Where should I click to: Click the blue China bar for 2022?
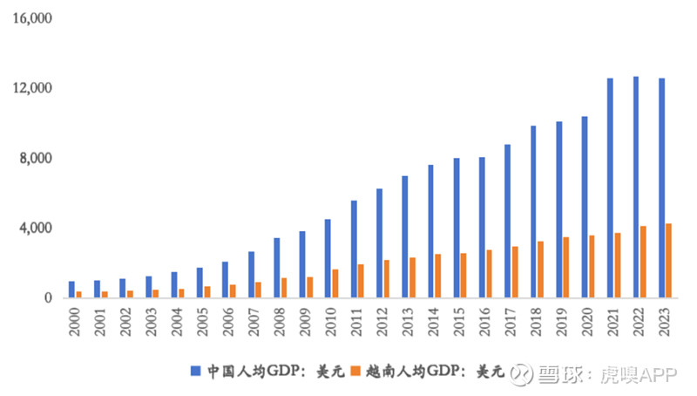(635, 188)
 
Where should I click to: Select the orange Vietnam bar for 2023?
(669, 261)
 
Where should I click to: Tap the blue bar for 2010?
(328, 258)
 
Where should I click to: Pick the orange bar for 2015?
(464, 276)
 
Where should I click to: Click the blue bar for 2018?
(532, 212)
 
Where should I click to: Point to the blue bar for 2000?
(71, 290)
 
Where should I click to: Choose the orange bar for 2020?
(592, 267)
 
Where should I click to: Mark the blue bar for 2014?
(430, 231)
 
